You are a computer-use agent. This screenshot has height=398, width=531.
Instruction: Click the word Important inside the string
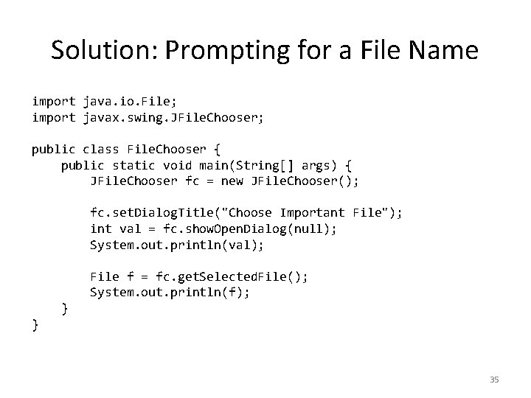point(312,213)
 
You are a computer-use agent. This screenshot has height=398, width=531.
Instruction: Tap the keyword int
point(100,229)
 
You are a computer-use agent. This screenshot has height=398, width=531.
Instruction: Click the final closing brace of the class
point(35,325)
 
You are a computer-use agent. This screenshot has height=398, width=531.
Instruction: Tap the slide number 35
point(494,380)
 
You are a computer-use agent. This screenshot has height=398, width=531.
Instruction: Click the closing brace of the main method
point(65,308)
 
